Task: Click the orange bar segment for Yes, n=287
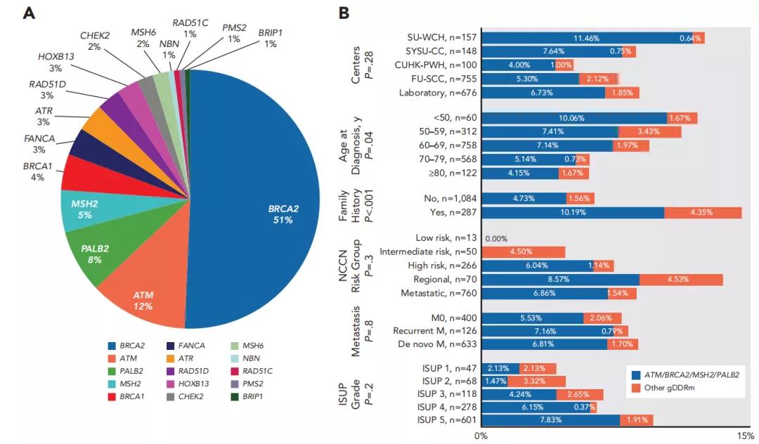703,213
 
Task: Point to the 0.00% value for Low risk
496,238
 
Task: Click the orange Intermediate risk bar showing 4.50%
524,252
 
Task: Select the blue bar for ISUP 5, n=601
550,420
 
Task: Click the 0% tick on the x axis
481,436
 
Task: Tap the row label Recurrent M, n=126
437,330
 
